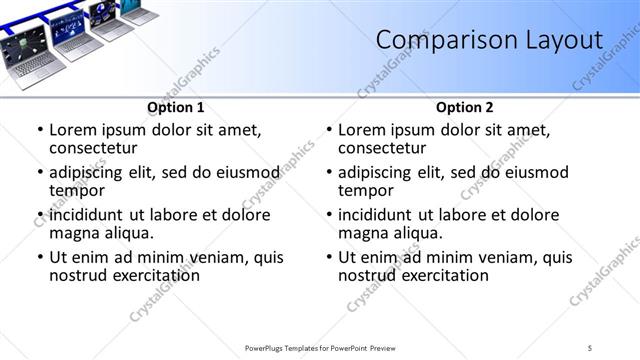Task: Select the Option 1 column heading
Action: pyautogui.click(x=176, y=107)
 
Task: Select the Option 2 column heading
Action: pyautogui.click(x=465, y=107)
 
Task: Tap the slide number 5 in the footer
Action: pyautogui.click(x=590, y=347)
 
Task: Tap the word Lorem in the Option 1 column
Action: pyautogui.click(x=73, y=130)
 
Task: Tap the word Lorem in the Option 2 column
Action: pyautogui.click(x=362, y=130)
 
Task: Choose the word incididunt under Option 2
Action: pyautogui.click(x=383, y=215)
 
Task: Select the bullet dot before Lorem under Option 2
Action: pyautogui.click(x=328, y=131)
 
